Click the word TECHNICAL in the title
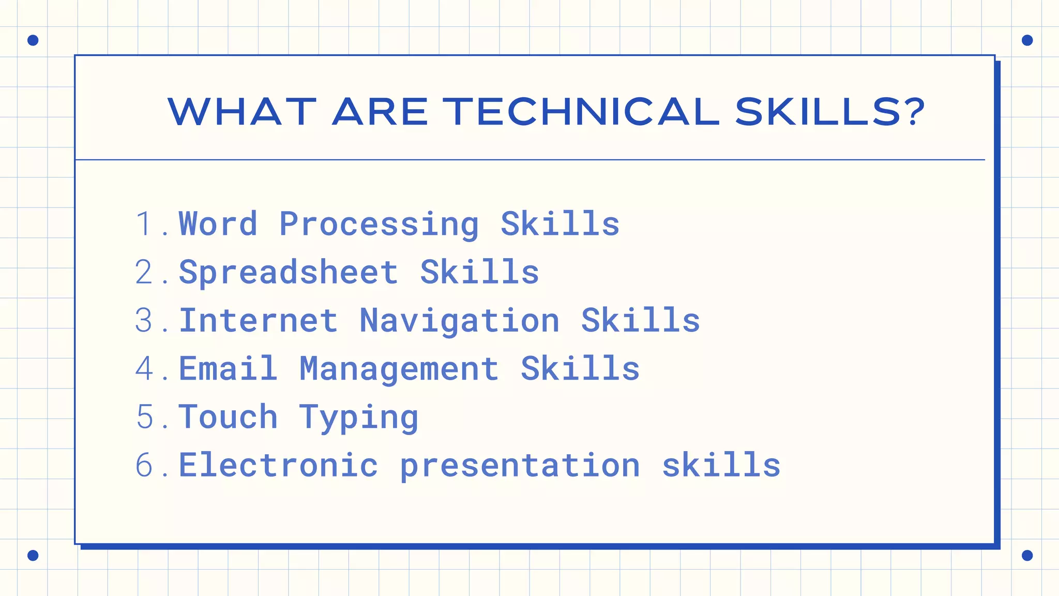coord(581,112)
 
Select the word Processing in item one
coord(379,225)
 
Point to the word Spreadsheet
coord(289,272)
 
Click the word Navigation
coord(460,320)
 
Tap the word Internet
coord(259,320)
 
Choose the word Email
coord(228,368)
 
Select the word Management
coord(399,368)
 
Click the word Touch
coord(228,416)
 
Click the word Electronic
coord(278,465)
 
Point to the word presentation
coord(520,466)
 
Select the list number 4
coord(144,368)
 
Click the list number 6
coord(144,465)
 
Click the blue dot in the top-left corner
coord(33,40)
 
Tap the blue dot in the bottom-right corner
coord(1027,555)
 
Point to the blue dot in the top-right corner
coord(1027,40)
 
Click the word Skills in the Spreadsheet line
coord(479,272)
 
